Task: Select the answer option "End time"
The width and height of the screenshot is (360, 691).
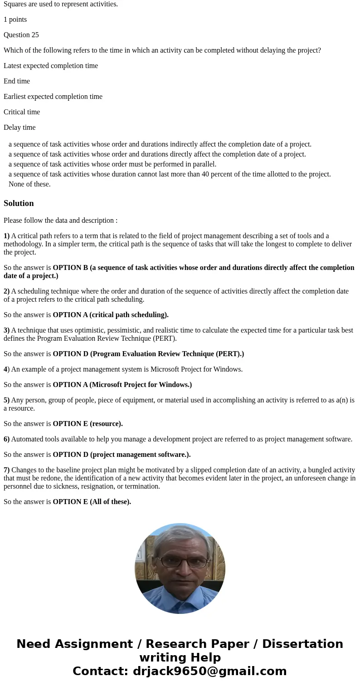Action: point(17,81)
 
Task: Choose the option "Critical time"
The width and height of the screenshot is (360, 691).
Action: point(22,112)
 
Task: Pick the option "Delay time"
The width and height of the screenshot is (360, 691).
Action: point(19,127)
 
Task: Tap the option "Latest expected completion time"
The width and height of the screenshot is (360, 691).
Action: point(51,66)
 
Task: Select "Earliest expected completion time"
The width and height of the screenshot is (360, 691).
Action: point(53,97)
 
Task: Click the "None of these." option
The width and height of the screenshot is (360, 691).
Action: point(29,184)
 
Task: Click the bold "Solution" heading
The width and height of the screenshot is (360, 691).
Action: point(19,203)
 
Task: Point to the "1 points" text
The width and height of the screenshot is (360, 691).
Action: point(15,20)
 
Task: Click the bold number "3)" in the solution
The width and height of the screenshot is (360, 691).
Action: point(7,330)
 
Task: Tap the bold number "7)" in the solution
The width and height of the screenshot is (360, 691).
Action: point(7,470)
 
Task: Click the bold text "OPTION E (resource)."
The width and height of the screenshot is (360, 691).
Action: point(88,424)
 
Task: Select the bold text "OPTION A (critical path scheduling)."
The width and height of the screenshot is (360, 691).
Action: point(111,315)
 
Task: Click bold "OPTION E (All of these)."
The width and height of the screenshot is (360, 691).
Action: point(92,502)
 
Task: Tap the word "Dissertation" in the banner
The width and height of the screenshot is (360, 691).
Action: point(302,644)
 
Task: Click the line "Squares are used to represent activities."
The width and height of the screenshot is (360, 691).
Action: point(61,4)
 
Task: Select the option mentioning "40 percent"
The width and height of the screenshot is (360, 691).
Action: point(170,174)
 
